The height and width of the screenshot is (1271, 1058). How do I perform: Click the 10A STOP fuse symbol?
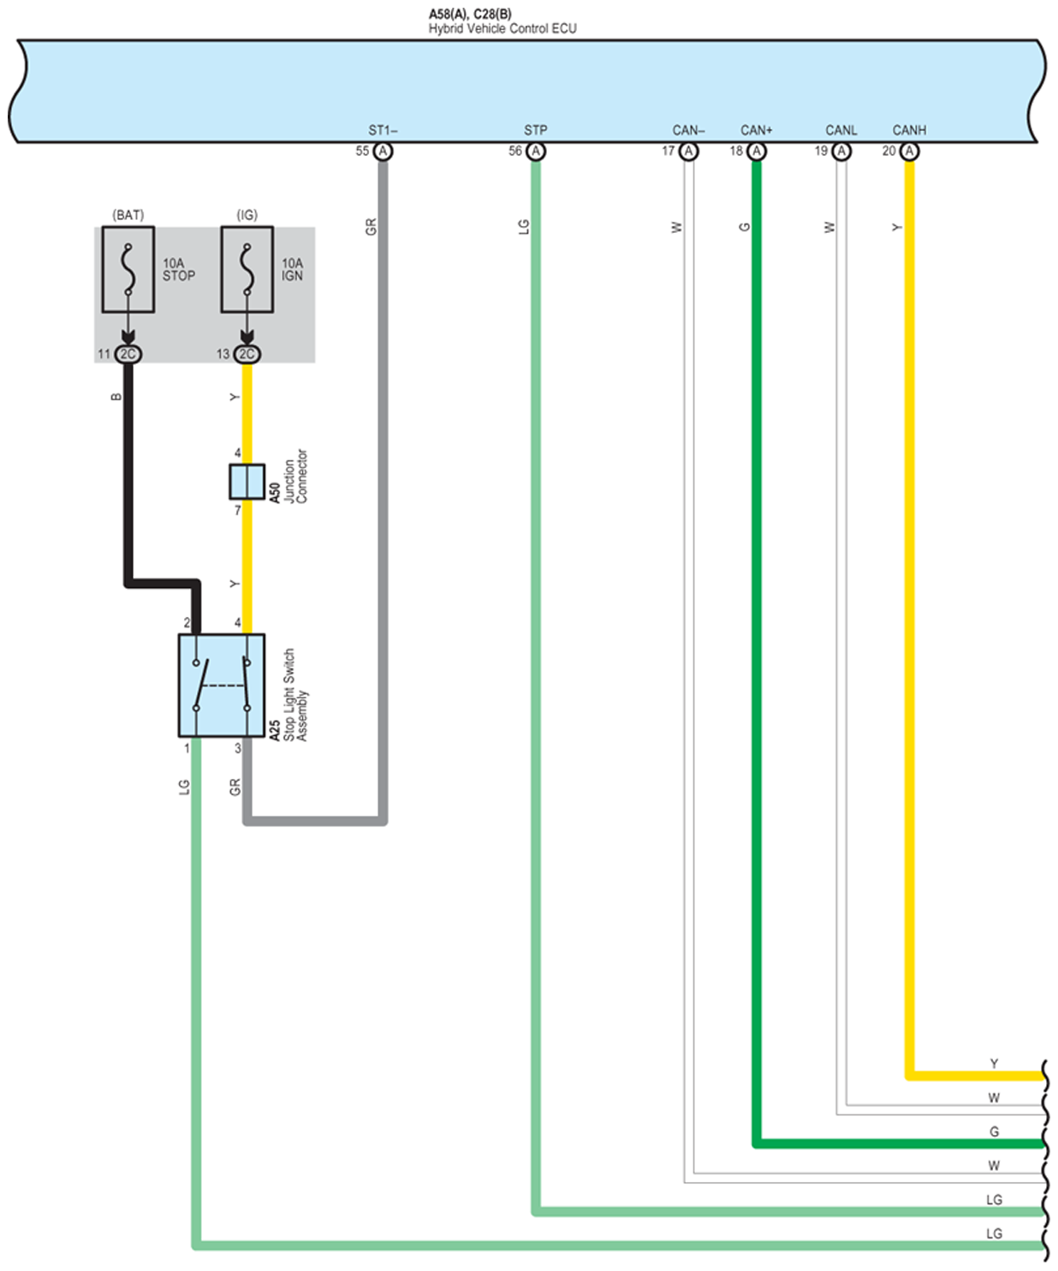[128, 269]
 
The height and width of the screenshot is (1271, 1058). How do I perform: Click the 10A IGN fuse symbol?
[247, 269]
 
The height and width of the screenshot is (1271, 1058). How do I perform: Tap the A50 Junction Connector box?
[247, 481]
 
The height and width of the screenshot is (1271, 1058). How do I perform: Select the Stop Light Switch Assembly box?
[221, 685]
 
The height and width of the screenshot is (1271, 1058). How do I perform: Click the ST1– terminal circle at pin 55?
[383, 151]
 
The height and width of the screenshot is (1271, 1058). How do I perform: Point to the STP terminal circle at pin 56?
[536, 151]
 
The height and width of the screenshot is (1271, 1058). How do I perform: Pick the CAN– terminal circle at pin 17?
[689, 151]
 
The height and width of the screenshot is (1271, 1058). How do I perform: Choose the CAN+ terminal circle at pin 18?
[757, 151]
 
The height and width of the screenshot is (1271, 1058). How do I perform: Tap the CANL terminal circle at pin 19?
[841, 151]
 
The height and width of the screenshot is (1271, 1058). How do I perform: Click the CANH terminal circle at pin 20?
[909, 151]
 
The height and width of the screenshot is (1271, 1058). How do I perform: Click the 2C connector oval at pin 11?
[128, 353]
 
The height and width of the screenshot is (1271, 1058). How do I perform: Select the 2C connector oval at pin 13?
[247, 353]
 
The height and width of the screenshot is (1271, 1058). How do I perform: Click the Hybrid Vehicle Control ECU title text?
[502, 28]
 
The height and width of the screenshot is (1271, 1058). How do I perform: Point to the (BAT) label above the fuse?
[128, 215]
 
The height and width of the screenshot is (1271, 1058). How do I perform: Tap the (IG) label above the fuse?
[247, 215]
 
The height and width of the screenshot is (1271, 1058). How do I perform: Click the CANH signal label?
[909, 130]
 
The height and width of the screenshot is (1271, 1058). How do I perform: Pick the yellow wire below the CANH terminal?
[909, 599]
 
